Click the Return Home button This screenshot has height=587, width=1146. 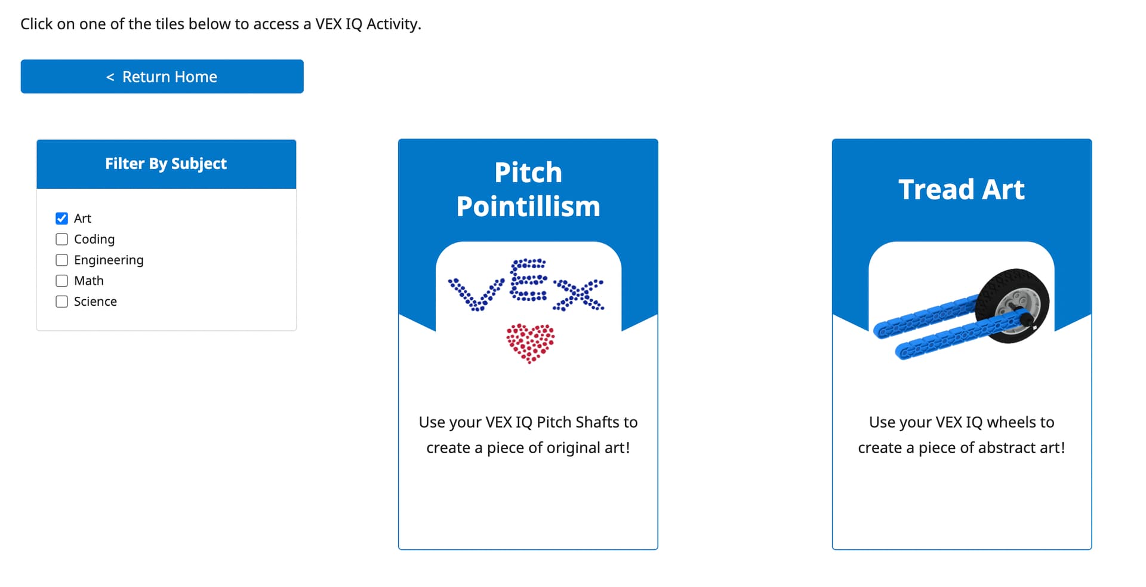[162, 76]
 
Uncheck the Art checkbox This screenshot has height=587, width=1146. [61, 219]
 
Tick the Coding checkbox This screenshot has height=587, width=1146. [61, 239]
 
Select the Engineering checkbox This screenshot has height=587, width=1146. [61, 260]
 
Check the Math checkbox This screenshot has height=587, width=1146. [61, 281]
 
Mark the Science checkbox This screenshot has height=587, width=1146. [61, 302]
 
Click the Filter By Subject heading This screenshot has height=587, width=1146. [166, 164]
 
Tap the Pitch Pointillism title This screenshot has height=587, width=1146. [528, 189]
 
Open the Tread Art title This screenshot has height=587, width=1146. [962, 189]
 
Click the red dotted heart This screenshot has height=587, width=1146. [530, 343]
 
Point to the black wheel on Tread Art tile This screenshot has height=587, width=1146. [1012, 306]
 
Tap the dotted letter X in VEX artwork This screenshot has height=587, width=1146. [578, 294]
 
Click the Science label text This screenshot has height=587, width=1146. [95, 302]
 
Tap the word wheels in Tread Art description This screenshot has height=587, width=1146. [1011, 422]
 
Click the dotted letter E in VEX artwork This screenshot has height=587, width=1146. [528, 279]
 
